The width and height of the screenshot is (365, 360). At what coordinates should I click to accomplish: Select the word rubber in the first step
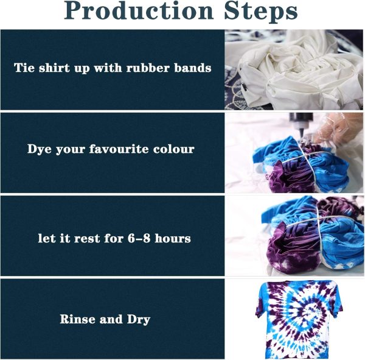pyautogui.click(x=145, y=68)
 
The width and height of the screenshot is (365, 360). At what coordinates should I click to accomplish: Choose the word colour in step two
pyautogui.click(x=174, y=149)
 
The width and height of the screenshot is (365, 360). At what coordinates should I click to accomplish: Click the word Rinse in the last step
pyautogui.click(x=77, y=319)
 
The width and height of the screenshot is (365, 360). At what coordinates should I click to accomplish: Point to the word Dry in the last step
pyautogui.click(x=137, y=319)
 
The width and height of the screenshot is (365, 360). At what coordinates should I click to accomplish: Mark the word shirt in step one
pyautogui.click(x=59, y=68)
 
